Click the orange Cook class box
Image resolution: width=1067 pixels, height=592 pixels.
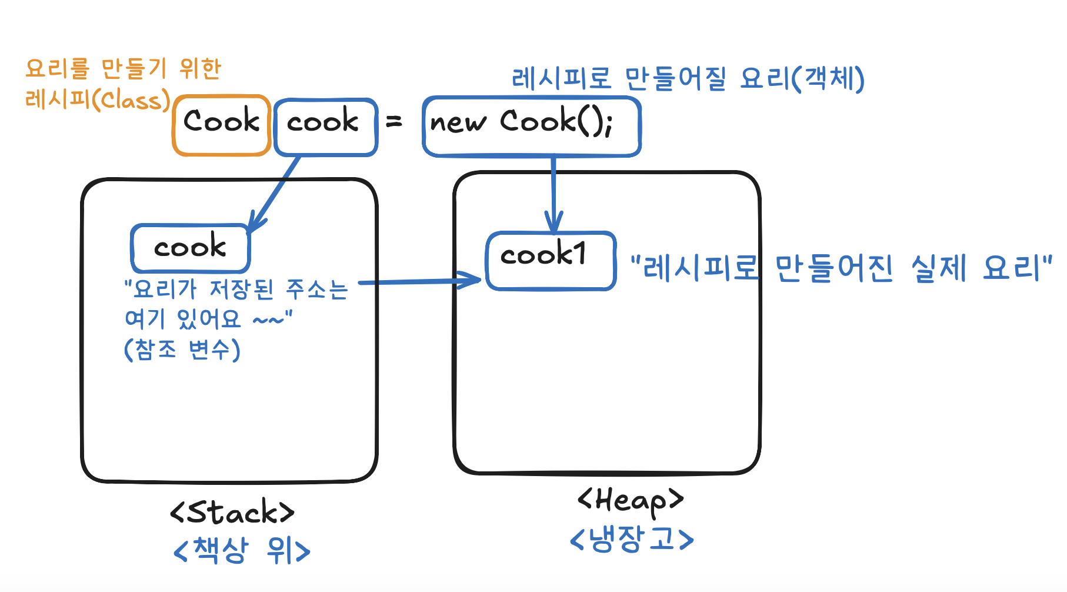pos(221,125)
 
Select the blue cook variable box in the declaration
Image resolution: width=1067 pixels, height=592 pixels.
pos(325,126)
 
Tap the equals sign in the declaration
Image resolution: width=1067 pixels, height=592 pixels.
pos(394,122)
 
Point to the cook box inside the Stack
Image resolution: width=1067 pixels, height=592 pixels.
pos(190,248)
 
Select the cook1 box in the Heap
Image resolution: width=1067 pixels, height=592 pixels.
pos(551,260)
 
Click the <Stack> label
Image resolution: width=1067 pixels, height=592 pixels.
pos(232,512)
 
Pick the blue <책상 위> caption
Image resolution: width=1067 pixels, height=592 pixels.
pos(242,551)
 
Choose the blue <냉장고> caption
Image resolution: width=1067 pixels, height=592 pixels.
pos(632,539)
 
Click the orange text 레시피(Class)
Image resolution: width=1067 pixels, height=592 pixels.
pos(98,100)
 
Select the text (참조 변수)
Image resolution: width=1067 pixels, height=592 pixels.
pos(182,350)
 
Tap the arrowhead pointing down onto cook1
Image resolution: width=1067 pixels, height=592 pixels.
pos(553,225)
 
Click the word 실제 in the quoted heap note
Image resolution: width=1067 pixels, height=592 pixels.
pos(939,268)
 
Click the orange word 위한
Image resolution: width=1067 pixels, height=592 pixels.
pos(201,69)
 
